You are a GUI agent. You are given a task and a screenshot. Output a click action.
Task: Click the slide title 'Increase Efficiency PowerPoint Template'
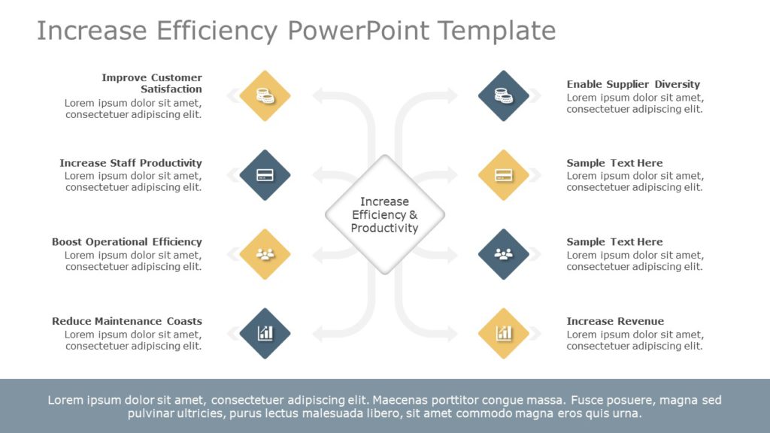[x=296, y=31]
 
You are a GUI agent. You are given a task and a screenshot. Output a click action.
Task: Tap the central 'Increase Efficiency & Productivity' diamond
[x=385, y=214]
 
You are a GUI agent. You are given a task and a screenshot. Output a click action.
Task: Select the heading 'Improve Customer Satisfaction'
[x=152, y=83]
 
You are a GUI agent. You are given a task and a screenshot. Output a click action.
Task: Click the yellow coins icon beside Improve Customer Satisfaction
[x=265, y=95]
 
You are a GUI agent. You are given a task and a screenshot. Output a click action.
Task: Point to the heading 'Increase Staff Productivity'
[x=131, y=163]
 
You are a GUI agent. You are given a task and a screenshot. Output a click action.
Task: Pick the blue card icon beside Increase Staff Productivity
[x=265, y=175]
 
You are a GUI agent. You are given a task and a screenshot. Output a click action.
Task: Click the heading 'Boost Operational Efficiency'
[x=127, y=242]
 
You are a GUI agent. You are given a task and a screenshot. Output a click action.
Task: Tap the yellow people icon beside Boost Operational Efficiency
[x=265, y=254]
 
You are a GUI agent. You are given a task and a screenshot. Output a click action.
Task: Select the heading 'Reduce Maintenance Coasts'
[x=127, y=321]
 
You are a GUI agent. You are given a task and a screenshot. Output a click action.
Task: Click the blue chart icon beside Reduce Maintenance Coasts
[x=265, y=333]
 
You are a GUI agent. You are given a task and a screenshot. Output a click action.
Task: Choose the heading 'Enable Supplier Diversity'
[x=633, y=84]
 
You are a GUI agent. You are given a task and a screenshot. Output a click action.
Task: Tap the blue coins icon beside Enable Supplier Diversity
[x=504, y=95]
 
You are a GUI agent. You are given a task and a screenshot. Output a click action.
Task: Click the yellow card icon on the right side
[x=504, y=175]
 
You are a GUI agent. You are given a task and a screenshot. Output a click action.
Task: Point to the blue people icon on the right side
[x=504, y=254]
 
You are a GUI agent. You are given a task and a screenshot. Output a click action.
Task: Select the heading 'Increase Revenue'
[x=615, y=321]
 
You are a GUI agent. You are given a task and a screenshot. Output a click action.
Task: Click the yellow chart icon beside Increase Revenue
[x=504, y=333]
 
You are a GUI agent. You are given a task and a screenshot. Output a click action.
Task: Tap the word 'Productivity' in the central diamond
[x=384, y=229]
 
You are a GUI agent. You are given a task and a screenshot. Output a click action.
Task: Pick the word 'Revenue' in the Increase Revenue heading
[x=638, y=321]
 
